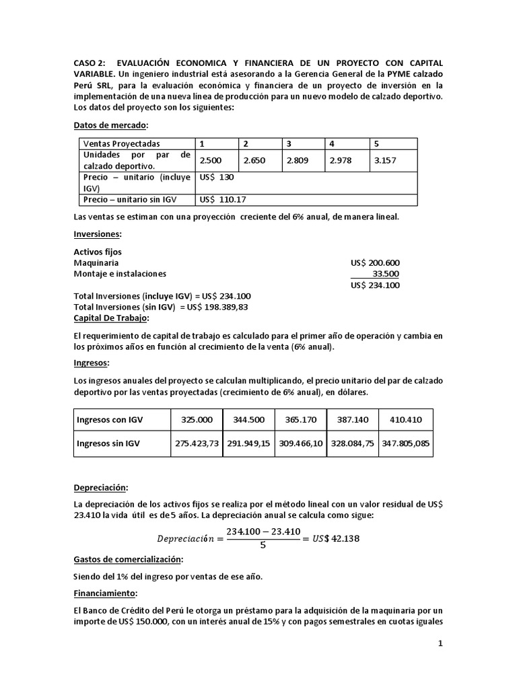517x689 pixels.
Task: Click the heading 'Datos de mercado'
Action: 109,125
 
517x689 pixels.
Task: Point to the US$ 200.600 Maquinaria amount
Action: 375,262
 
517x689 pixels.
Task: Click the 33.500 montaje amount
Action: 386,274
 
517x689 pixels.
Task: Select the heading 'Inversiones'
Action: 97,234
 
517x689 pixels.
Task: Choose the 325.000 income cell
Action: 197,419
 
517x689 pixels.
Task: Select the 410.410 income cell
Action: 405,419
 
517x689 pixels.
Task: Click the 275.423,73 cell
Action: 197,443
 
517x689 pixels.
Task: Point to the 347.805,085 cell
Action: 405,443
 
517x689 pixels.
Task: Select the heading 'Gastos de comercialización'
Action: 128,558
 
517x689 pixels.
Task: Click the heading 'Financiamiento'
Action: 105,593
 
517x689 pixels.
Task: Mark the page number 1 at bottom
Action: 440,644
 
